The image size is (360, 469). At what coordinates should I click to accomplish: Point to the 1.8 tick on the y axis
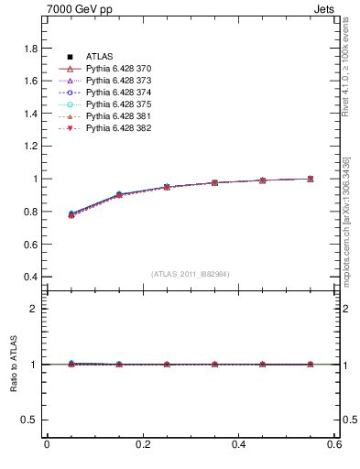(30, 48)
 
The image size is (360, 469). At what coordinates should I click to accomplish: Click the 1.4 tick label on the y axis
(30, 114)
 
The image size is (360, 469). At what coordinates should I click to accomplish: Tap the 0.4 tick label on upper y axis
(30, 277)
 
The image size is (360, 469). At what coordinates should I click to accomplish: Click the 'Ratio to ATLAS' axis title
(14, 365)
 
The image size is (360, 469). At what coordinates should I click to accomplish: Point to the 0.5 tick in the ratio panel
(30, 420)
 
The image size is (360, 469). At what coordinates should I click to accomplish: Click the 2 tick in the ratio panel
(35, 309)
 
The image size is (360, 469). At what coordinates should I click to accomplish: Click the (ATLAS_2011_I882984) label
(190, 274)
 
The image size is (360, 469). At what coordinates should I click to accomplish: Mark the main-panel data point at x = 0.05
(71, 214)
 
